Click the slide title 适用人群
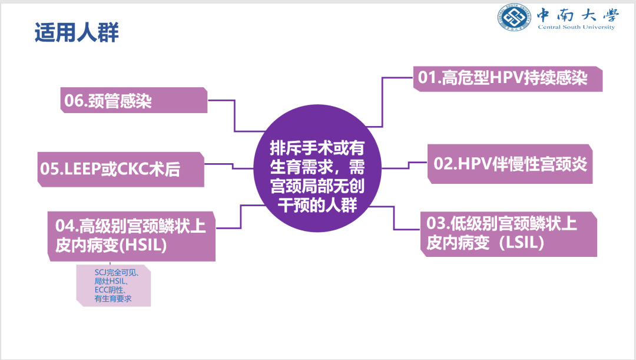point(77,32)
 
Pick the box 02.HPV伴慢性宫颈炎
point(510,164)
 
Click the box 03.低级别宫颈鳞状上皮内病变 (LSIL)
point(509,233)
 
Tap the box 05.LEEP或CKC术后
point(120,170)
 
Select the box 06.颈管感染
point(134,101)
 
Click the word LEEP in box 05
point(81,170)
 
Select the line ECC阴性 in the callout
point(109,290)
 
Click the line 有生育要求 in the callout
point(113,299)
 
